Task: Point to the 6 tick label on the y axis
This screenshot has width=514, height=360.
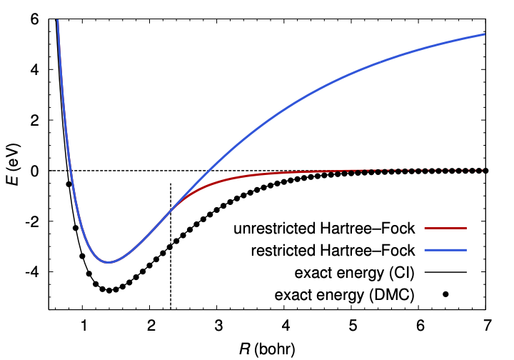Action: tap(34, 20)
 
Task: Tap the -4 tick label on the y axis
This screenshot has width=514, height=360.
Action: tap(31, 272)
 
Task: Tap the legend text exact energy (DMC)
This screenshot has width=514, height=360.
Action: tap(351, 294)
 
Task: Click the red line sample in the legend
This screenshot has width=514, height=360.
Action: tap(445, 229)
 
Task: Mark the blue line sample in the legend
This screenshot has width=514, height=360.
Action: tap(445, 251)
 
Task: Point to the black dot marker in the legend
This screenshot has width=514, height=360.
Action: tap(445, 294)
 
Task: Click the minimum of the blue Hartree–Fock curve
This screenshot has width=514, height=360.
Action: tap(108, 262)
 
